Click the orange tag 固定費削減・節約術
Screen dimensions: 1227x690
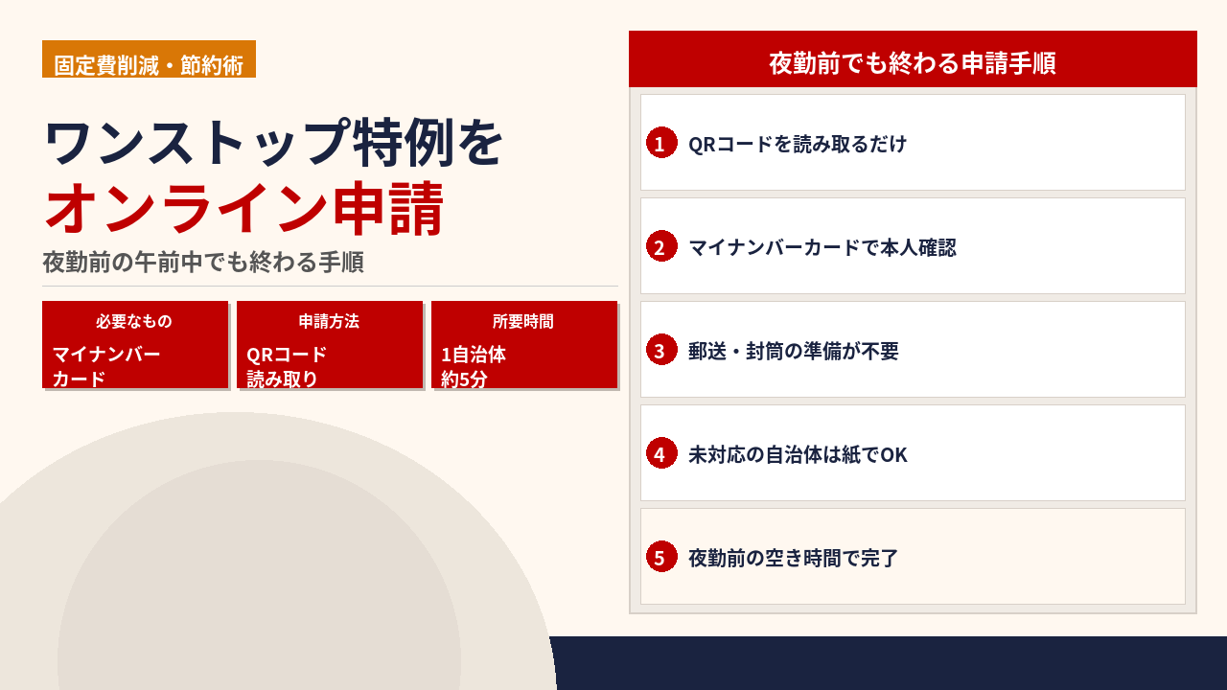(149, 58)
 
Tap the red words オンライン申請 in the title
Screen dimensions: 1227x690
(244, 209)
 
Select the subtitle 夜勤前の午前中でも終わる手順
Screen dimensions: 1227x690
(203, 262)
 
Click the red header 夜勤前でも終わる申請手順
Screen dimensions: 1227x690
(913, 63)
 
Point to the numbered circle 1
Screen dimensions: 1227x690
(661, 143)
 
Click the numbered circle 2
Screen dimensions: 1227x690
(661, 246)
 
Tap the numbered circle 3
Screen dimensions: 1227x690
(661, 350)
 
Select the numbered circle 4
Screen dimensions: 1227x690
(661, 453)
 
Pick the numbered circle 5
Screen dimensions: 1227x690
(661, 557)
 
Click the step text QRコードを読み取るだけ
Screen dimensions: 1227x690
(798, 144)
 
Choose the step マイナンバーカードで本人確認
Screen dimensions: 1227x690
(822, 247)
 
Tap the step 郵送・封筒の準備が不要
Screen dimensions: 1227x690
(793, 351)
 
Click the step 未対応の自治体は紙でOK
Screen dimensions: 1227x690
(798, 454)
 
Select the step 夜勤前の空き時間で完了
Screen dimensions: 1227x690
(793, 558)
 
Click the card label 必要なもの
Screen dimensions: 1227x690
(134, 321)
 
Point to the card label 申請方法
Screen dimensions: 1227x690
(329, 321)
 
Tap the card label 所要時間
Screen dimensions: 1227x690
(523, 321)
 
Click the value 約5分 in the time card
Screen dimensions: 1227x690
(464, 379)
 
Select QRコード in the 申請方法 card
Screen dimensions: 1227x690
(287, 355)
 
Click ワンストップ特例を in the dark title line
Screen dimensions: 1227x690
(274, 143)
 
